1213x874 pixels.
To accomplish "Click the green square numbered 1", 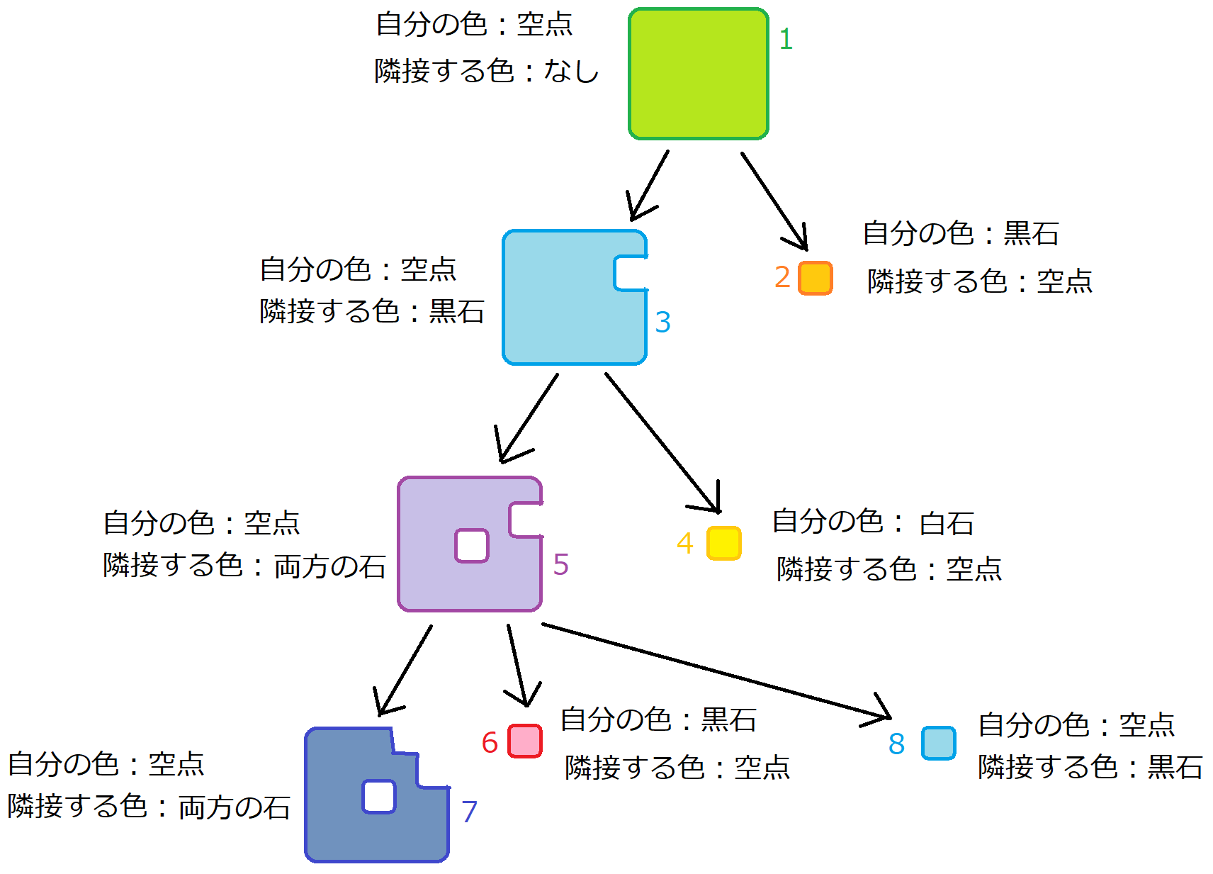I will (698, 74).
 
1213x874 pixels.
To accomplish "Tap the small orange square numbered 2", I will (815, 278).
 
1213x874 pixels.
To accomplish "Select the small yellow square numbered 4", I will (723, 543).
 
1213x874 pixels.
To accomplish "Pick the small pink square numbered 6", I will (525, 741).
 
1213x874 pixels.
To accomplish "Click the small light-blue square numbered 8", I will (938, 743).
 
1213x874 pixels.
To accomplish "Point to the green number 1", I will (785, 39).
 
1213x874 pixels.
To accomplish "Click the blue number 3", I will (662, 323).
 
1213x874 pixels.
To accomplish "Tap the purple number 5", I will (560, 565).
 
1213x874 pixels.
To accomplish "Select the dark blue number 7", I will (469, 812).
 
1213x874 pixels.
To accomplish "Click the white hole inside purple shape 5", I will (472, 546).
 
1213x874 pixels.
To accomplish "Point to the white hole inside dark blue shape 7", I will (379, 797).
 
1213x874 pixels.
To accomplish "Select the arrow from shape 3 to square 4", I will (662, 442).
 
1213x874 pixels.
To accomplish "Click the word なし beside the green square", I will (571, 71).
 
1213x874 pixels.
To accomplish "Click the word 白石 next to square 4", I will (946, 524).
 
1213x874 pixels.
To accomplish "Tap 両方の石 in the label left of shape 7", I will (234, 807).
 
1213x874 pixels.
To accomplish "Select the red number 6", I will (490, 743).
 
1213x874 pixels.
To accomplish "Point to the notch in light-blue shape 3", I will (631, 274).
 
